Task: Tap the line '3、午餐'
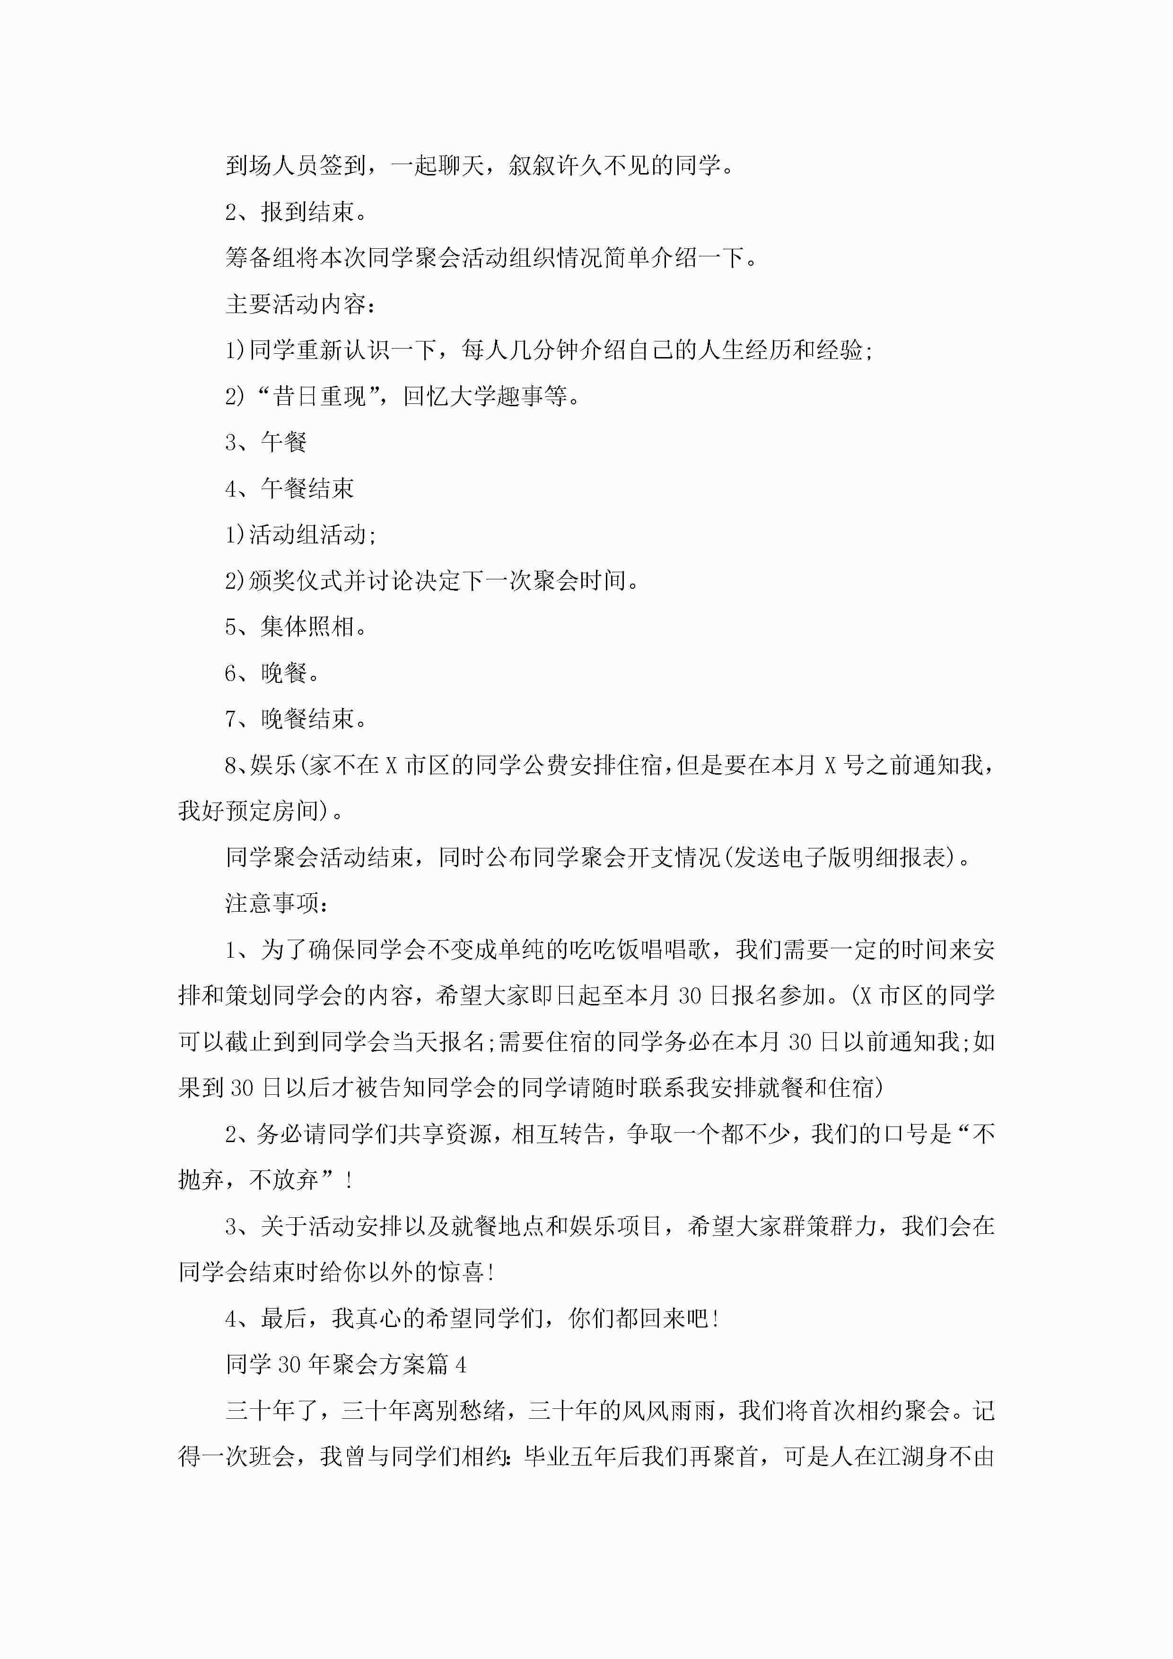point(266,442)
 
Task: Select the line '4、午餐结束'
point(289,489)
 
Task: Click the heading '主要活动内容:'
point(301,304)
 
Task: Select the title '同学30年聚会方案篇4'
point(345,1364)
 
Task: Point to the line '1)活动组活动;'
point(301,535)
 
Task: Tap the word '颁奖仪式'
point(296,580)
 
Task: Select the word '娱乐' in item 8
point(273,765)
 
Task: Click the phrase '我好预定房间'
point(249,811)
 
